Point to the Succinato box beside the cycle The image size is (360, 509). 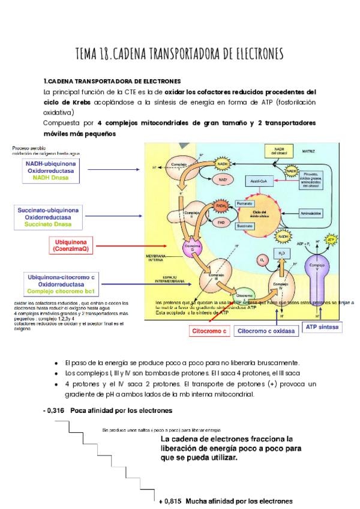point(244,226)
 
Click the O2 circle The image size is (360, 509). point(262,260)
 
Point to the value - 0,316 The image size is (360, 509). point(55,411)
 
